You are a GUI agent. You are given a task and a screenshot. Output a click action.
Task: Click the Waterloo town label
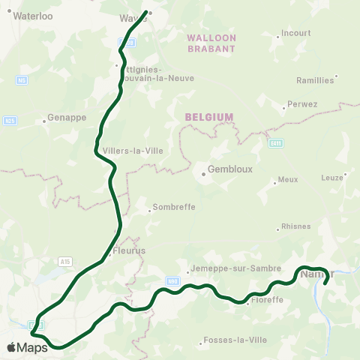coord(32,15)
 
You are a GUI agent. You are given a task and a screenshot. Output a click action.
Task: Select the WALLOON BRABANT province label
coord(211,43)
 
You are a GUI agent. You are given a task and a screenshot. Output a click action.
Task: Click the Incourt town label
coord(295,34)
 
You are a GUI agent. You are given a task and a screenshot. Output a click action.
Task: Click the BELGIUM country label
coord(209,117)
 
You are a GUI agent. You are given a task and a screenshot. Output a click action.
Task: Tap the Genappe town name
coord(67,118)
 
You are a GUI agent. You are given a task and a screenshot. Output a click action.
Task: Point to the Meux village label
coord(287,180)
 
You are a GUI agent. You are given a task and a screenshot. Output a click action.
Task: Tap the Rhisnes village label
coord(295,226)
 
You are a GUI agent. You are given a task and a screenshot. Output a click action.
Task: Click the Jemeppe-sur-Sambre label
coord(231,267)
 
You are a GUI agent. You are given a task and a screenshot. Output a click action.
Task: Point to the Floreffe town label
coord(268,299)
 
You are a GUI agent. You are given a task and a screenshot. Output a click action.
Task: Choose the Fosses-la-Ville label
coord(235,340)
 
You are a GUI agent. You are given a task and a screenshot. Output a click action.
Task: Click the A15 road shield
coord(65,261)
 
